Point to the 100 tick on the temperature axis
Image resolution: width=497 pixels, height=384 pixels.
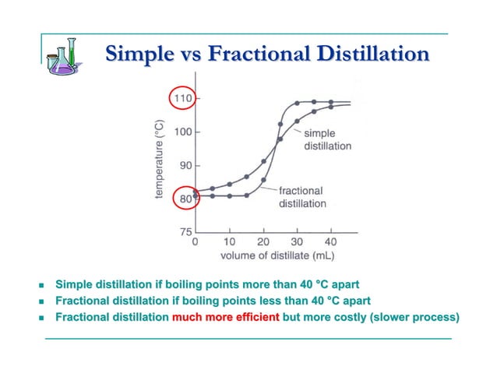(x=182, y=132)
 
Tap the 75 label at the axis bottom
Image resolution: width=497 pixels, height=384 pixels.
(x=185, y=231)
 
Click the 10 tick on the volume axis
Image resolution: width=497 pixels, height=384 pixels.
(x=229, y=242)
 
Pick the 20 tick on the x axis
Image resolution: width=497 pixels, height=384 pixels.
(x=263, y=242)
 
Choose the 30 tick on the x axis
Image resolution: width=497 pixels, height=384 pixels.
(x=297, y=242)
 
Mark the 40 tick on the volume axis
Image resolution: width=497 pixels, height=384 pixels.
(x=330, y=242)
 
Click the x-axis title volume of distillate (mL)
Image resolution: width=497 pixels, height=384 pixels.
(x=266, y=255)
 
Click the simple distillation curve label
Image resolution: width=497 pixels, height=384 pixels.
(x=327, y=140)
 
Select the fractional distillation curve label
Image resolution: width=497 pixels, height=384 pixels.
(x=302, y=197)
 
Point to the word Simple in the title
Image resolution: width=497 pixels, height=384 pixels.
(x=138, y=54)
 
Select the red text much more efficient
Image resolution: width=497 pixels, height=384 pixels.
(x=225, y=317)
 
